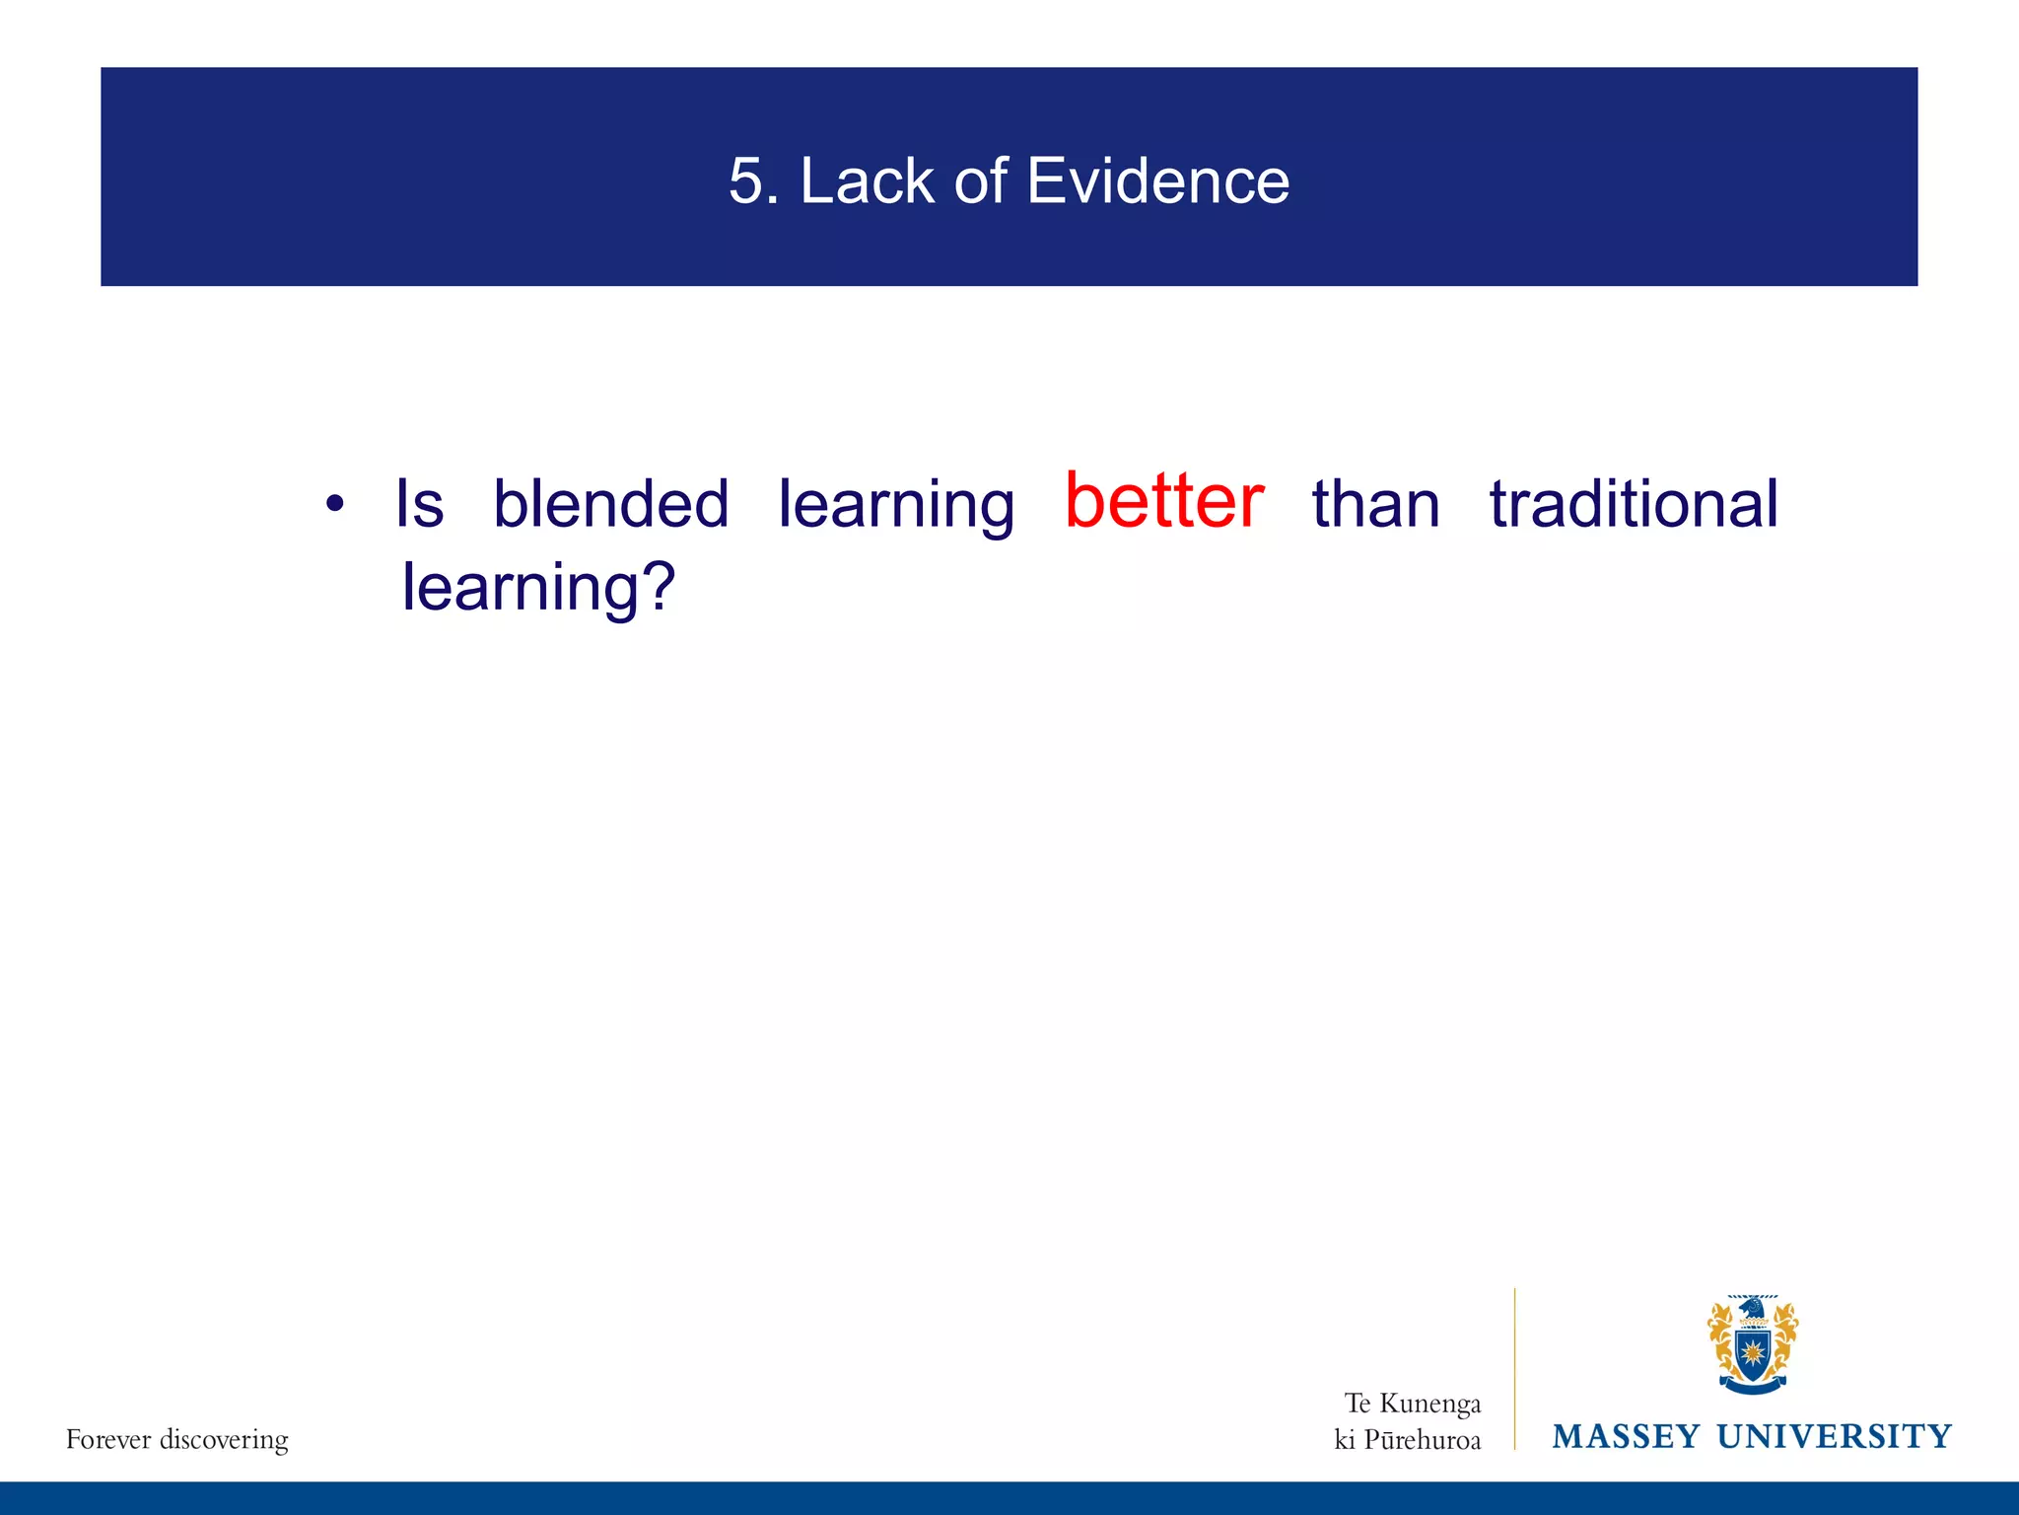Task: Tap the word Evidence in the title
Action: pos(1157,181)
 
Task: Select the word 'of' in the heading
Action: pos(981,181)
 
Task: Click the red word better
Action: pos(1164,501)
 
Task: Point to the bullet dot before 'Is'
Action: pos(335,504)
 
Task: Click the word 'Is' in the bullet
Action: pos(419,504)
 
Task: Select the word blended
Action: pos(610,504)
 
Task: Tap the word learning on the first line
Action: pos(895,506)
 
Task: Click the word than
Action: pos(1375,504)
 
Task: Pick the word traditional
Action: pos(1634,504)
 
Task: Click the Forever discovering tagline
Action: pos(177,1440)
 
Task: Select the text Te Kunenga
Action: pos(1413,1403)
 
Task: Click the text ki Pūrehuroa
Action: pos(1408,1440)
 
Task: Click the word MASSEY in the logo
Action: pos(1626,1436)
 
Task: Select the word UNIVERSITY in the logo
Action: pos(1834,1436)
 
